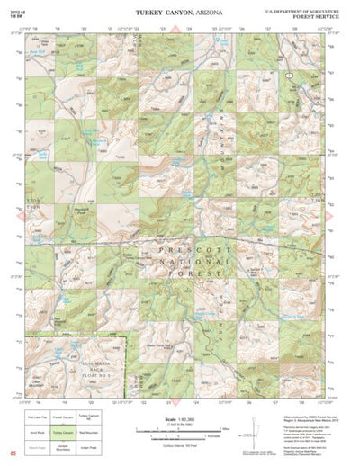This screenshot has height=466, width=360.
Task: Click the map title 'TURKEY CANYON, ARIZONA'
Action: click(180, 13)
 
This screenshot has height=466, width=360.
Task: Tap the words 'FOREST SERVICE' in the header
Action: click(316, 15)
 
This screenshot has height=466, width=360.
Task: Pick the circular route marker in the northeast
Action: click(287, 77)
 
